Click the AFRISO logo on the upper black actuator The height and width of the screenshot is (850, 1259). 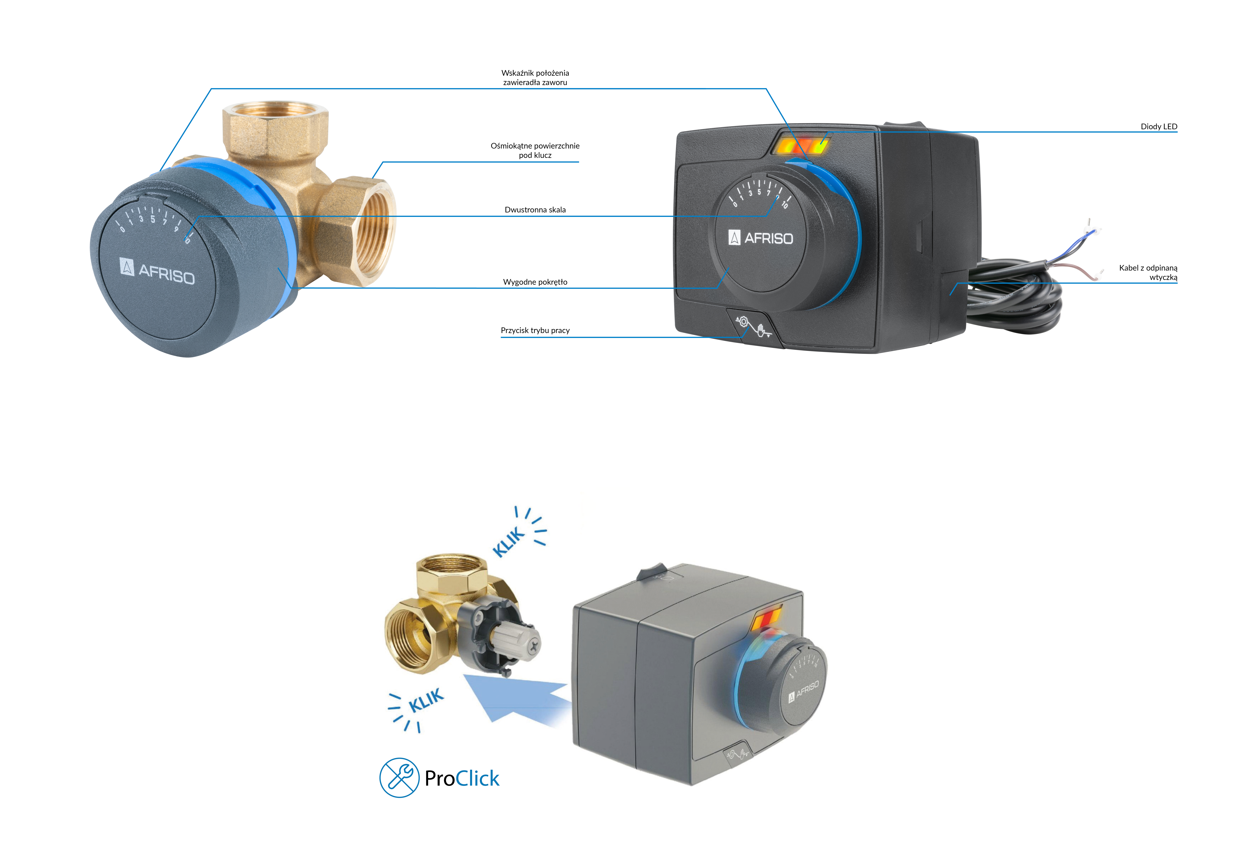[x=761, y=238]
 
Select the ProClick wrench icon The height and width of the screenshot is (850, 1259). [x=399, y=777]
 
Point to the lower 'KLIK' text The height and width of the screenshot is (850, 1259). [x=426, y=701]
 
